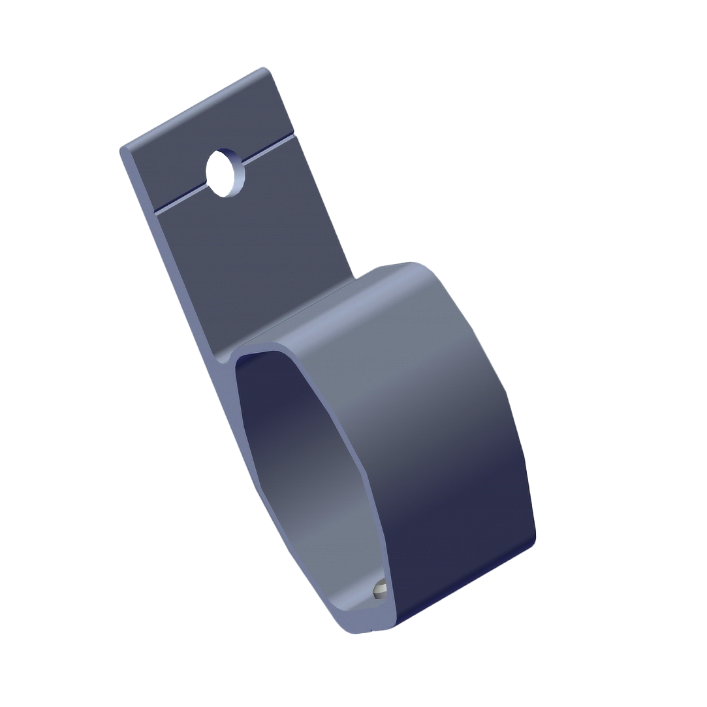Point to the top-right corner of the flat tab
point(264,68)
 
